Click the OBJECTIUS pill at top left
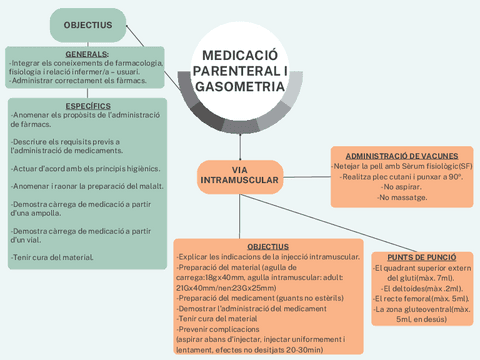pyautogui.click(x=87, y=23)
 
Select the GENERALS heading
pyautogui.click(x=87, y=54)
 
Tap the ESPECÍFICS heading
pyautogui.click(x=87, y=105)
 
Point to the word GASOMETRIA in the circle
pyautogui.click(x=239, y=88)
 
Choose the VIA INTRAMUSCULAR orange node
pyautogui.click(x=239, y=175)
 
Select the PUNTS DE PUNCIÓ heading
pyautogui.click(x=422, y=257)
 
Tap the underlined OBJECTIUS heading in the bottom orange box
pyautogui.click(x=267, y=246)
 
